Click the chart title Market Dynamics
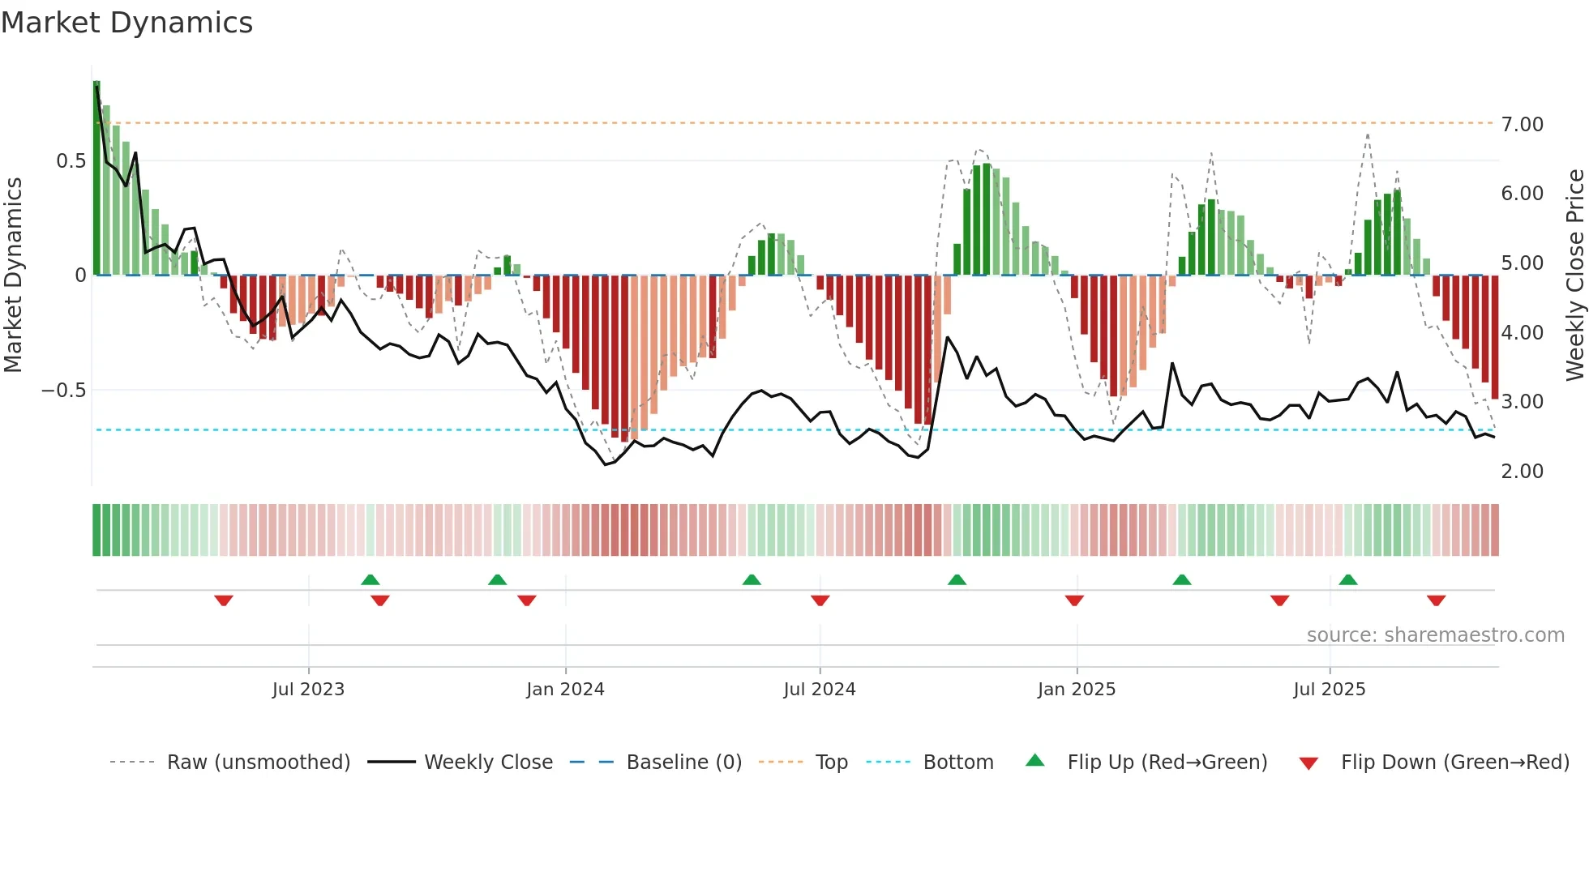pos(126,23)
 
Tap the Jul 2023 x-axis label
pos(308,690)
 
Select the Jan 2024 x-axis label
pos(565,690)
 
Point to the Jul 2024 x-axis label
pos(819,690)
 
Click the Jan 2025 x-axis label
pos(1076,690)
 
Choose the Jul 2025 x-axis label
pos(1329,690)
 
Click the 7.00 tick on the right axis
pos(1522,125)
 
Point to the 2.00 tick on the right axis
pos(1522,472)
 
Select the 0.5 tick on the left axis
pos(71,161)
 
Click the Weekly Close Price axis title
pos(1574,276)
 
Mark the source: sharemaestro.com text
pos(1435,635)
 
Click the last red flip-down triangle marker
pos(1436,600)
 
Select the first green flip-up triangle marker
pos(370,579)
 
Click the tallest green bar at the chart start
pos(96,178)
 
